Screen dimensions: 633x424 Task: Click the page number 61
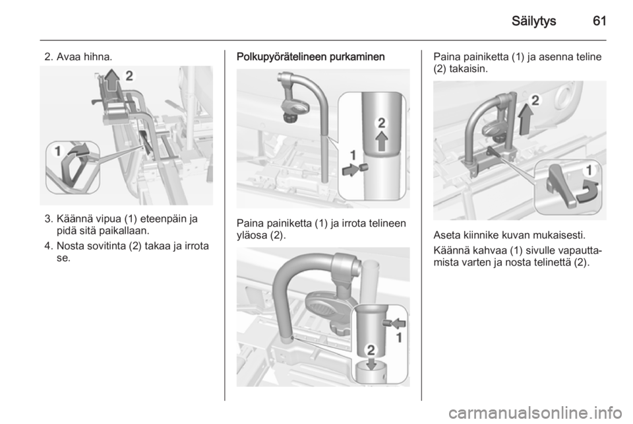point(599,20)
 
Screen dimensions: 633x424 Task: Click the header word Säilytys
point(533,21)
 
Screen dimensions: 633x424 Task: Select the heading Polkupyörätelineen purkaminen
point(311,57)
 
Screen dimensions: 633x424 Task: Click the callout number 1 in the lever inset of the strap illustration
point(58,151)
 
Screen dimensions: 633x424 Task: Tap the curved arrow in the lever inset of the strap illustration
point(78,151)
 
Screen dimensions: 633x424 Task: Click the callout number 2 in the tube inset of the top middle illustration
point(382,123)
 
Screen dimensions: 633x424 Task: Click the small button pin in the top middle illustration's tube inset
point(363,167)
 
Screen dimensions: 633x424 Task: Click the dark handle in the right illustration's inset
point(560,187)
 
